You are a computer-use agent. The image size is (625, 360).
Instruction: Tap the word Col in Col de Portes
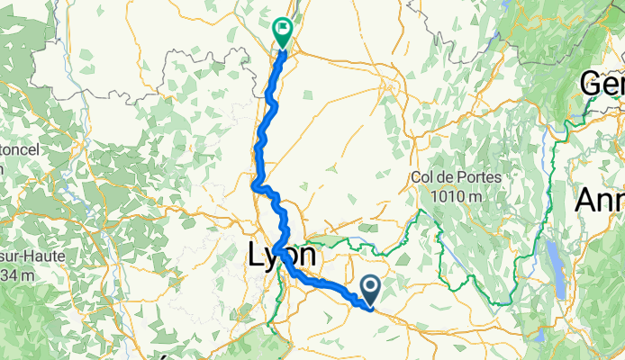tap(423, 177)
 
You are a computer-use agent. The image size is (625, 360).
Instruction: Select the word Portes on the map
tap(480, 177)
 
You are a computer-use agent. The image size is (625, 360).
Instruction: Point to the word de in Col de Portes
tap(448, 177)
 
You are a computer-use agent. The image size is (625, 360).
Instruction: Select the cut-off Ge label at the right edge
tap(602, 85)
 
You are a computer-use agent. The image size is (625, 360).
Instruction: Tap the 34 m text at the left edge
tap(16, 274)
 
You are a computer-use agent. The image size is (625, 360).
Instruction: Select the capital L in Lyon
tap(255, 256)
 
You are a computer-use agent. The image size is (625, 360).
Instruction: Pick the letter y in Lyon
tap(269, 258)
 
